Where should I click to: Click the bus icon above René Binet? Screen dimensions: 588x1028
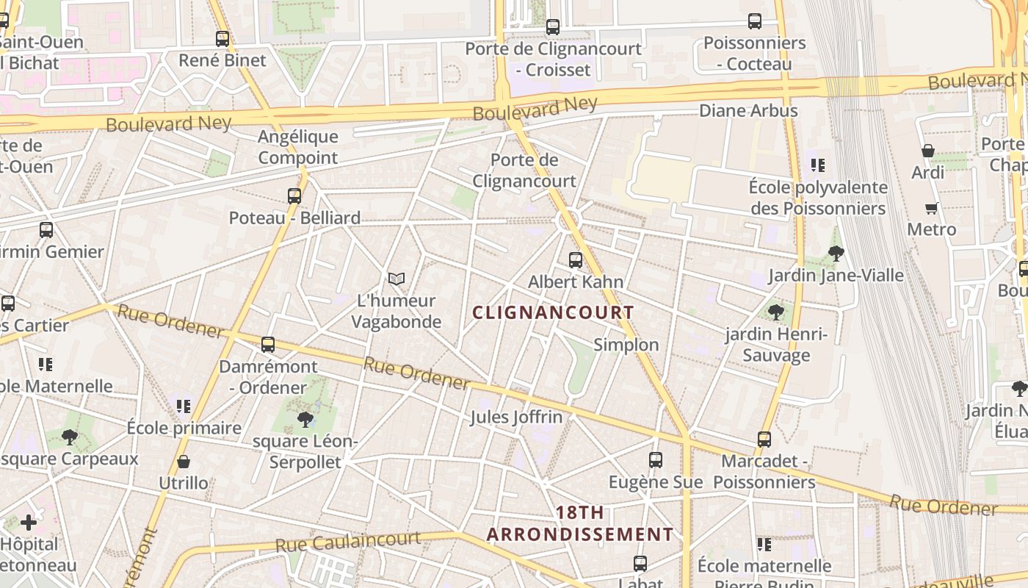[x=222, y=39]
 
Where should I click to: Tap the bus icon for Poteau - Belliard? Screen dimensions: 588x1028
[x=294, y=196]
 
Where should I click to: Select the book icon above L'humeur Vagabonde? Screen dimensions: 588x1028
[x=397, y=279]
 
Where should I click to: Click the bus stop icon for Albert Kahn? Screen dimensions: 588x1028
[x=576, y=260]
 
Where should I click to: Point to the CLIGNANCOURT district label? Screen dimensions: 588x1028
[x=553, y=312]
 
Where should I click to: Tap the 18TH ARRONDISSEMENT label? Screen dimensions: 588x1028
[x=579, y=523]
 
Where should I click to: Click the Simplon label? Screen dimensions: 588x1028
[x=626, y=345]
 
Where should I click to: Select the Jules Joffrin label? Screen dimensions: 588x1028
[x=516, y=417]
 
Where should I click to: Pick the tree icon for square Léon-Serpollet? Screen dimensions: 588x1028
[x=305, y=420]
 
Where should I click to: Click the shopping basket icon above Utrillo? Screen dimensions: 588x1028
[x=184, y=462]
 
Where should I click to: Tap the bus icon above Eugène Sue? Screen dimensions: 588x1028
[x=656, y=461]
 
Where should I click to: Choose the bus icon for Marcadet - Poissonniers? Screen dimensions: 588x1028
[x=764, y=440]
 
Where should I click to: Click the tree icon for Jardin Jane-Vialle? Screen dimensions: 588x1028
[x=836, y=254]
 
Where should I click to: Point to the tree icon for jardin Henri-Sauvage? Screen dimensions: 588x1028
[x=776, y=312]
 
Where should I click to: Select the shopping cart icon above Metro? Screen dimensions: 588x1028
[x=932, y=208]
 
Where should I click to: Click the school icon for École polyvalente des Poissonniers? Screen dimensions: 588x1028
[x=818, y=165]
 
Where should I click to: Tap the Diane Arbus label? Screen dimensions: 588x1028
[x=748, y=111]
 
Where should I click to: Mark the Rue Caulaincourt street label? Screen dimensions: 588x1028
[x=348, y=542]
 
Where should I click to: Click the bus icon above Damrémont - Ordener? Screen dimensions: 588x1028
[x=268, y=345]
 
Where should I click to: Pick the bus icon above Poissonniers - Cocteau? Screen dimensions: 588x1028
[x=755, y=21]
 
